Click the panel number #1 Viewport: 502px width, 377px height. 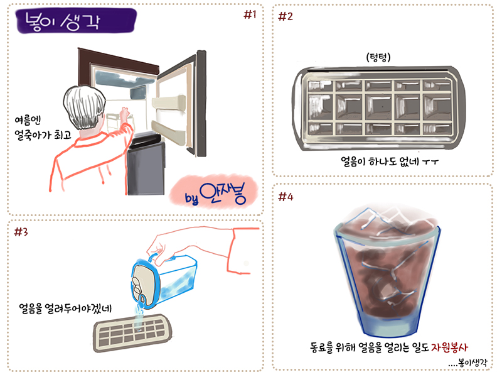click(250, 14)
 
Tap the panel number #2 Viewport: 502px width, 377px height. click(286, 16)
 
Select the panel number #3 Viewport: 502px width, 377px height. click(21, 231)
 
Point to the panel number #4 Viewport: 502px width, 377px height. click(286, 197)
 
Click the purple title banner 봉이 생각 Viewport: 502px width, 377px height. click(76, 21)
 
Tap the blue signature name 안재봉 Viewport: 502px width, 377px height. click(223, 194)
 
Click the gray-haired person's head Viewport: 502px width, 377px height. click(85, 107)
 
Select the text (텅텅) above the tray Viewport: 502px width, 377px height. click(378, 57)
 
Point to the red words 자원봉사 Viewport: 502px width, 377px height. click(449, 347)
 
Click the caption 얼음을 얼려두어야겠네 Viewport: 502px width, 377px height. click(65, 308)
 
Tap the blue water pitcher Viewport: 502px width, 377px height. click(163, 281)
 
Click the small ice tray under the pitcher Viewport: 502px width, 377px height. click(132, 333)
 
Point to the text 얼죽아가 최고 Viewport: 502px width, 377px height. click(43, 135)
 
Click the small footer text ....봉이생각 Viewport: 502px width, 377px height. click(467, 363)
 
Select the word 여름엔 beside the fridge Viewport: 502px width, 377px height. click(28, 120)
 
